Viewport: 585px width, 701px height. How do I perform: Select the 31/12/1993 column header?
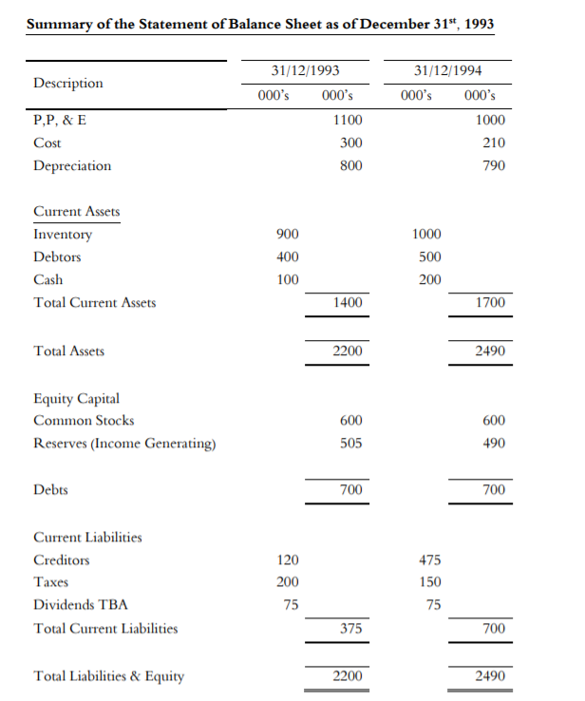(x=305, y=71)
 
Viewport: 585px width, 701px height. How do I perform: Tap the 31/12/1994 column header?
(x=448, y=71)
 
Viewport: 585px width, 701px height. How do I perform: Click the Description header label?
(x=68, y=83)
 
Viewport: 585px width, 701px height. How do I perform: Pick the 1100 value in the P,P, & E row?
(x=348, y=121)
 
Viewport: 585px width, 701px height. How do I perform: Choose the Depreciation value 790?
(x=493, y=166)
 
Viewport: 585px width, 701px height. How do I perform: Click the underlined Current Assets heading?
(x=77, y=211)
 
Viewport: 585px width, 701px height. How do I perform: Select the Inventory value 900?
(x=287, y=235)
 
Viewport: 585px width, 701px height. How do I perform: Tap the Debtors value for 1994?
(x=429, y=257)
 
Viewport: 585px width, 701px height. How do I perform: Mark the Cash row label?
(x=48, y=280)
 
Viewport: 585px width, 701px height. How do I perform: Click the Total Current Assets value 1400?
(x=348, y=303)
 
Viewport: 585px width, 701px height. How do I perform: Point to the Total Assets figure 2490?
(x=490, y=351)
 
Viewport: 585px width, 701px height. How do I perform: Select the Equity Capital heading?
(x=76, y=398)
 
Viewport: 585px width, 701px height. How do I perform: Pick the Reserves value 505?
(x=350, y=444)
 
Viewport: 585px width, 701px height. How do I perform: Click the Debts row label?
(x=50, y=490)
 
